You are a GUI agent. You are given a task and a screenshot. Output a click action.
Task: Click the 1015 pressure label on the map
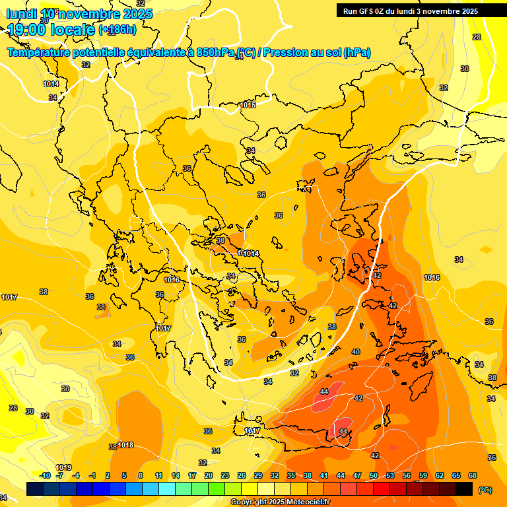point(248,105)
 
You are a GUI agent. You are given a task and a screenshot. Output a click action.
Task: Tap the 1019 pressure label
point(63,468)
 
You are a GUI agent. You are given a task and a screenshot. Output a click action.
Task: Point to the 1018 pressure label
point(125,446)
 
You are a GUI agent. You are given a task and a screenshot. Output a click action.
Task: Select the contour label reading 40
point(356,352)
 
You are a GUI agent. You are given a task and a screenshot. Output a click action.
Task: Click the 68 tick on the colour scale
point(473,475)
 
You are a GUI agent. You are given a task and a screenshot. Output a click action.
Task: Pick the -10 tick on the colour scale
point(45,475)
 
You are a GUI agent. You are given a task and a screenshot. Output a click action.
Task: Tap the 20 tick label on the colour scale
point(208,475)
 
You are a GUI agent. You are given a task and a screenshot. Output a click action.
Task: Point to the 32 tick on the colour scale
point(275,475)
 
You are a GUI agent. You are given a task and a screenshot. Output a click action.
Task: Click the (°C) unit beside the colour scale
point(485,490)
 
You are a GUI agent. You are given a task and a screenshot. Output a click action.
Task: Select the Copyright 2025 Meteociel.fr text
point(281,502)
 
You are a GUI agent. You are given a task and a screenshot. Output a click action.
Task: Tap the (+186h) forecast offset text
point(118,29)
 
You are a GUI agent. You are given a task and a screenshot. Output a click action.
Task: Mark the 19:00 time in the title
point(24,29)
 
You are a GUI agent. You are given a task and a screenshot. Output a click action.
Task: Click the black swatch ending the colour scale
point(464,489)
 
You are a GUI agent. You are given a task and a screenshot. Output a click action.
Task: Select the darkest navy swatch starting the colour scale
point(35,489)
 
